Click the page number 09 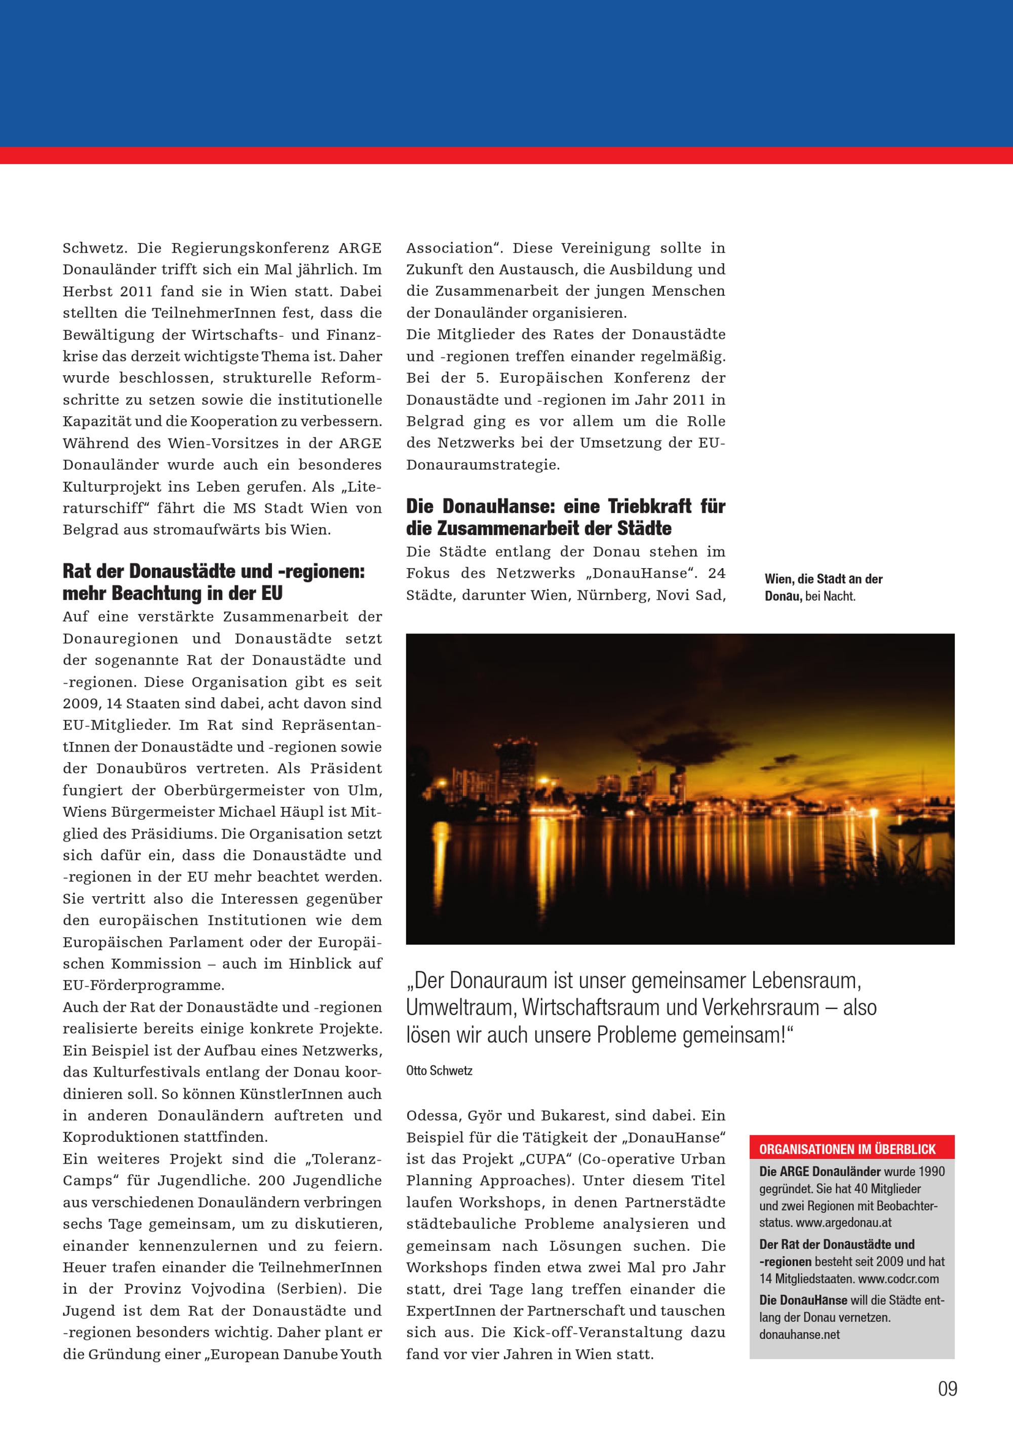(x=947, y=1389)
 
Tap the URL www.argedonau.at (x=843, y=1222)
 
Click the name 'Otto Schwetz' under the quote (x=439, y=1071)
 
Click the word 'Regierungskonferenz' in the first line (x=250, y=248)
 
